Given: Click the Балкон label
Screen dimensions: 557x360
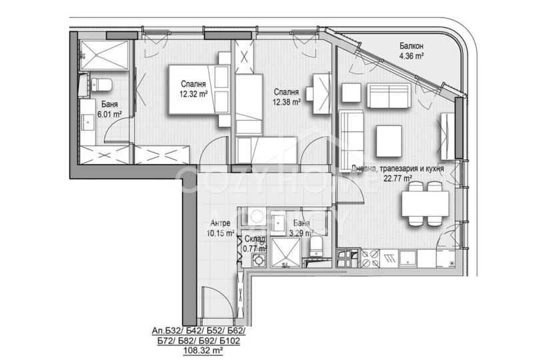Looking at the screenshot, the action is click(x=411, y=46).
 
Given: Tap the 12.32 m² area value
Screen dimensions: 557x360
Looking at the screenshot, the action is click(x=193, y=94).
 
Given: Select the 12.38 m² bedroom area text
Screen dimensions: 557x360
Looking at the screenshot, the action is click(x=286, y=102).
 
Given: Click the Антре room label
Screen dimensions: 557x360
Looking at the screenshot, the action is click(x=220, y=223).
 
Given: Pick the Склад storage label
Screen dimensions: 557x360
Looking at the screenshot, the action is click(x=255, y=239).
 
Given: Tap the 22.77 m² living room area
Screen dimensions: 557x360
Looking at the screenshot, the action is click(x=398, y=178).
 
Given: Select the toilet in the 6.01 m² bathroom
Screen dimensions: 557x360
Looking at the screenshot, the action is click(x=101, y=85).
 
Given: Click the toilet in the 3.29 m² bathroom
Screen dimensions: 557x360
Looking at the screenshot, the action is click(x=316, y=247).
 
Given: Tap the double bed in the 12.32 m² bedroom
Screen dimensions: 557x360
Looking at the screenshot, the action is click(x=199, y=89).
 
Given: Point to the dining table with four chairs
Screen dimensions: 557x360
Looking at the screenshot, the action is click(x=425, y=204).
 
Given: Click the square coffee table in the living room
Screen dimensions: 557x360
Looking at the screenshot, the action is click(x=389, y=141).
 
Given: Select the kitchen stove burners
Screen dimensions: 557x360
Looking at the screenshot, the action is click(x=370, y=259).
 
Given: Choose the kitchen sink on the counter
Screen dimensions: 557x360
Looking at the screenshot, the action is click(x=408, y=259).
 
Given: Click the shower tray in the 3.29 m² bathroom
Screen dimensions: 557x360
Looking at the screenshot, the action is click(x=286, y=253).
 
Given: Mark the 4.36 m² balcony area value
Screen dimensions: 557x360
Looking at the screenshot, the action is click(x=412, y=56).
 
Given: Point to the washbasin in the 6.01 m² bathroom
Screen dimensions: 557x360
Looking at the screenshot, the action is click(x=87, y=121).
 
